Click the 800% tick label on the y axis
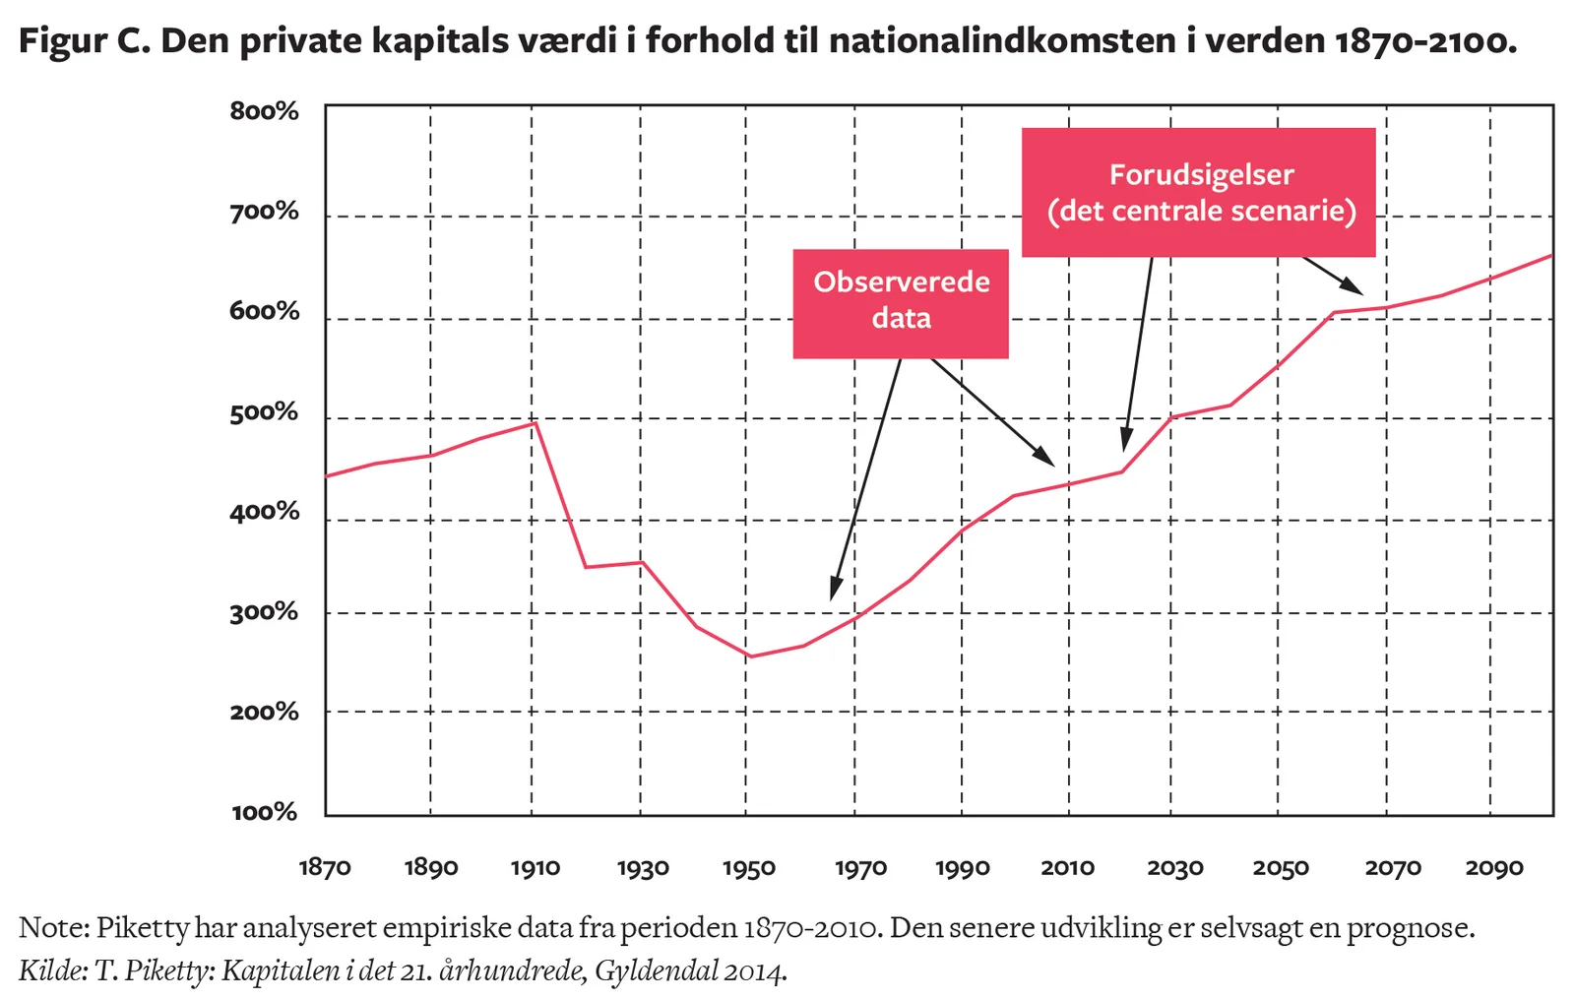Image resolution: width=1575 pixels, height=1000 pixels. click(x=264, y=111)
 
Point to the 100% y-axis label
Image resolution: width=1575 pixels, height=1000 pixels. click(x=264, y=812)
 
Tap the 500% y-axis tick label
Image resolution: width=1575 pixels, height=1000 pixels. click(x=264, y=412)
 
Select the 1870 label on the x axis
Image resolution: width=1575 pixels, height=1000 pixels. click(x=325, y=867)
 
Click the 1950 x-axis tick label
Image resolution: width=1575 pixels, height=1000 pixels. click(x=749, y=868)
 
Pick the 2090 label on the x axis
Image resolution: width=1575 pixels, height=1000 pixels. click(x=1494, y=867)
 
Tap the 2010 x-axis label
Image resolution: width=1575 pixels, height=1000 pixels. click(x=1068, y=867)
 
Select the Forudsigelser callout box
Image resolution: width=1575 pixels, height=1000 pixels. click(x=1198, y=192)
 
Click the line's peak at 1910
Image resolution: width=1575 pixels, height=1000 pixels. click(x=534, y=422)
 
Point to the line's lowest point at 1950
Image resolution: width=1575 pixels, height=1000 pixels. click(x=750, y=656)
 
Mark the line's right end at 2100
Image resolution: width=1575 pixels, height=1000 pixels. click(x=1552, y=255)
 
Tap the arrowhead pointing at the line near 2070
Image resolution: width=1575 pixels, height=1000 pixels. click(x=1358, y=290)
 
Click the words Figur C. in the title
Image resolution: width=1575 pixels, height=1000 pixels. click(x=83, y=41)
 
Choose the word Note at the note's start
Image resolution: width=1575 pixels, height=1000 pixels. click(x=53, y=928)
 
